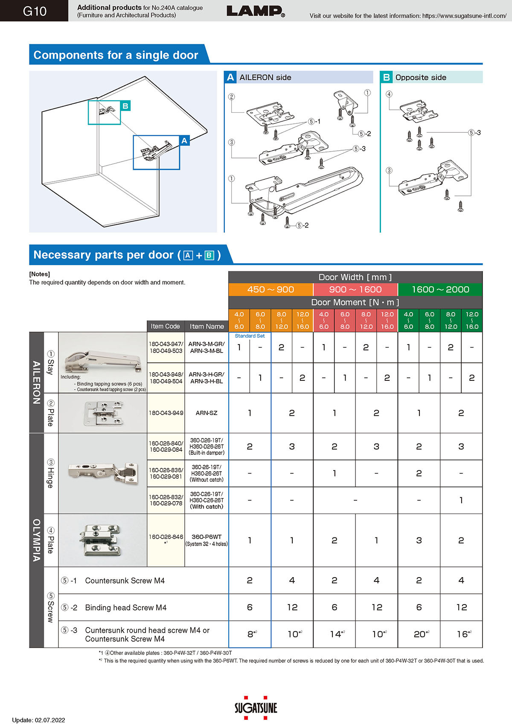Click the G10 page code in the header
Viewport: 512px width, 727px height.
[x=34, y=11]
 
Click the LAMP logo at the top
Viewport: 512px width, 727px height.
[x=255, y=11]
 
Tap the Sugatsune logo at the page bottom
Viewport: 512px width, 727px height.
[x=256, y=708]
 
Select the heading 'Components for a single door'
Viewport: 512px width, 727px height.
[x=116, y=55]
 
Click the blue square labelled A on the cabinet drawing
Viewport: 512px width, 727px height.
[x=184, y=141]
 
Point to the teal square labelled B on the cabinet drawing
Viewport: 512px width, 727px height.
[x=125, y=106]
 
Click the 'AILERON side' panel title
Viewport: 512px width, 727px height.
[x=265, y=77]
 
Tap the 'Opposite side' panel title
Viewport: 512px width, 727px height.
[x=420, y=77]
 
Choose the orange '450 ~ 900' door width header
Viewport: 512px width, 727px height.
[x=271, y=289]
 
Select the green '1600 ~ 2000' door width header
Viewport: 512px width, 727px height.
[x=440, y=289]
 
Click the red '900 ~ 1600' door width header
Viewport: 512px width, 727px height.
[x=355, y=289]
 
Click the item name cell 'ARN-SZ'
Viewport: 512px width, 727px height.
[x=207, y=413]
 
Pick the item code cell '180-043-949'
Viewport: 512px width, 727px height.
[x=166, y=413]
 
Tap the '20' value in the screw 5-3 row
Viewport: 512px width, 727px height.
[x=419, y=634]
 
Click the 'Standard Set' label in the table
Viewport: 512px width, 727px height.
[x=250, y=336]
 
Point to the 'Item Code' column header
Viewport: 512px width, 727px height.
[x=165, y=326]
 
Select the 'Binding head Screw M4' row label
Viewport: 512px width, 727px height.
[x=125, y=607]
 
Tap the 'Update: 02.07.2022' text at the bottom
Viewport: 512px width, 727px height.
[x=38, y=720]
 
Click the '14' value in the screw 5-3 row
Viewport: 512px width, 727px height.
[x=335, y=634]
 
